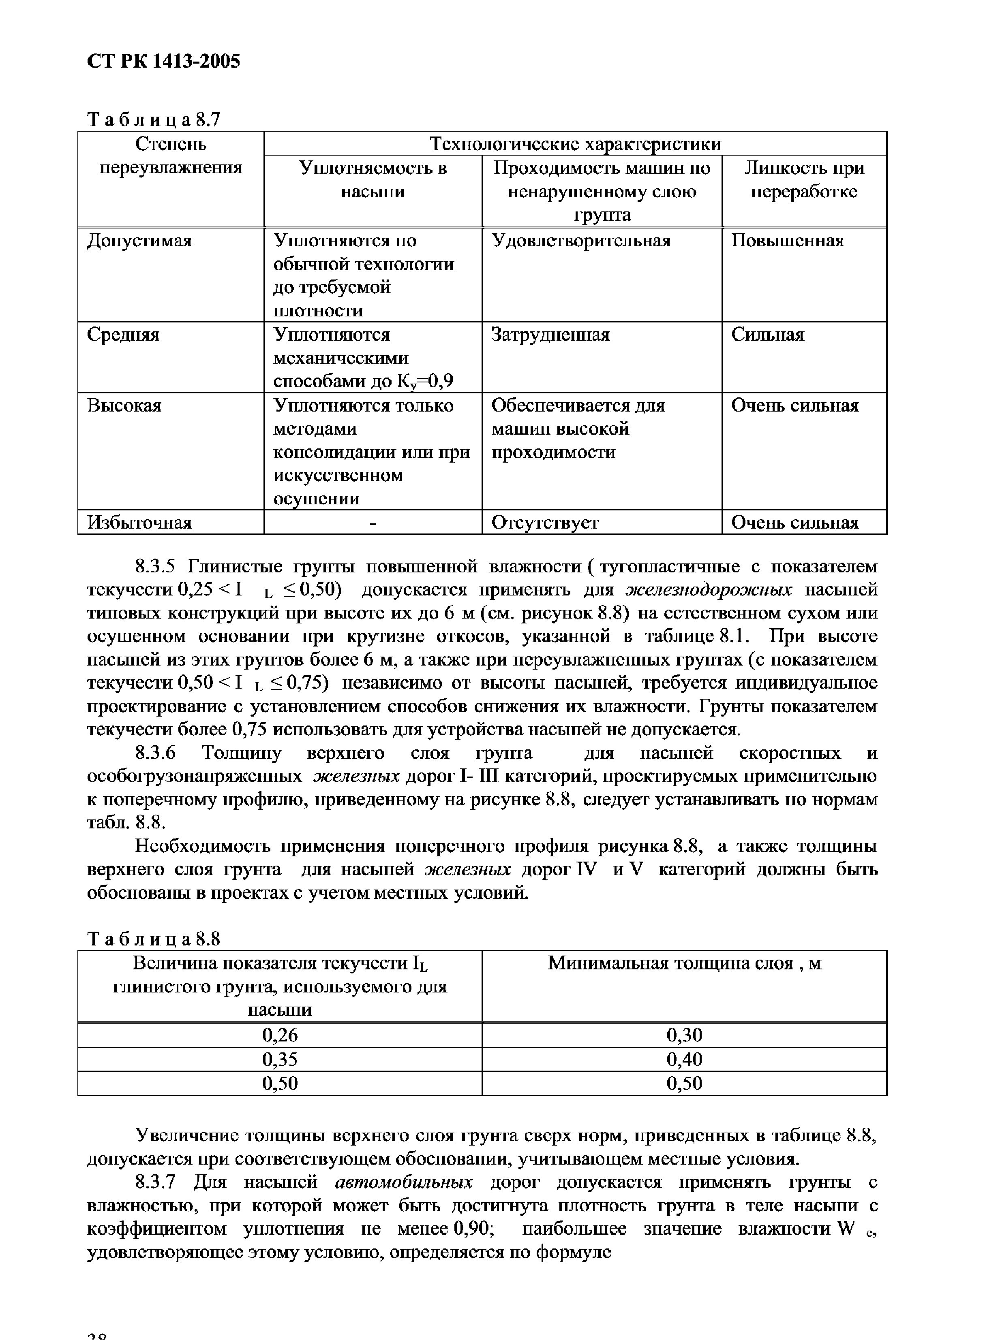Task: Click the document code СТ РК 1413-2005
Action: (x=163, y=62)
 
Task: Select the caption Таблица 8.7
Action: (x=154, y=120)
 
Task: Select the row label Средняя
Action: (x=123, y=335)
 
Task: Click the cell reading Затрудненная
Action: (x=550, y=335)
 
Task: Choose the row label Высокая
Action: (x=124, y=406)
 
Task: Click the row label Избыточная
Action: (x=139, y=523)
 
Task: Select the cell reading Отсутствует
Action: (x=544, y=523)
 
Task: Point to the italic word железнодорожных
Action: (x=708, y=590)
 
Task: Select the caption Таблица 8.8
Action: (x=154, y=939)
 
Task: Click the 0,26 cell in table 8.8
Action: (x=280, y=1035)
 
